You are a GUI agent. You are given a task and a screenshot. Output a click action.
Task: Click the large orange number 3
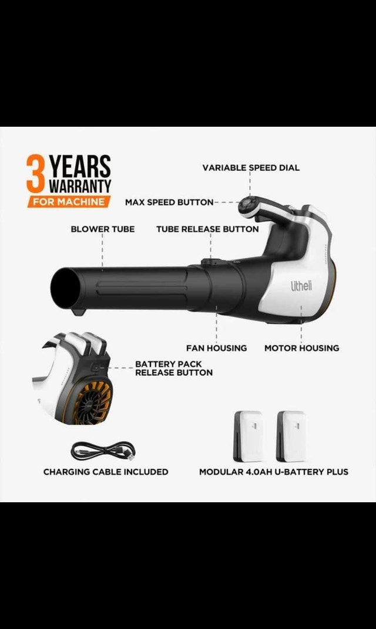coord(35,174)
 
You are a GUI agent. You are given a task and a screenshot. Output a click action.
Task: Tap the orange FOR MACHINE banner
coord(69,201)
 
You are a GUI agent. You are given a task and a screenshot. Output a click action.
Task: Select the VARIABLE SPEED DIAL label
coord(251,168)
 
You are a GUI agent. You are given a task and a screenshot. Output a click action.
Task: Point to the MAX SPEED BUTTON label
coord(169,202)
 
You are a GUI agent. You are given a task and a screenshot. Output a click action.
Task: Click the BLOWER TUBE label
coord(102,229)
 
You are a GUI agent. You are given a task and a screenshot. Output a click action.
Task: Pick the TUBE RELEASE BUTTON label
coord(207,229)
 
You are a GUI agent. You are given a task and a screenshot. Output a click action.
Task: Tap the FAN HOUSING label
coord(217,348)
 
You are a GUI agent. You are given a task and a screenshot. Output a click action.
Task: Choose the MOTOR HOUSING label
coord(302,348)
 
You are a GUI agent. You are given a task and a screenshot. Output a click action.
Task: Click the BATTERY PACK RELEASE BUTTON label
coord(174,368)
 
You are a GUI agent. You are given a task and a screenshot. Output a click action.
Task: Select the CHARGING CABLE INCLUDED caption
coord(106,472)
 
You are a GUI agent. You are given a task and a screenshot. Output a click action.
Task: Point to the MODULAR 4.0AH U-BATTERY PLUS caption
coord(274,472)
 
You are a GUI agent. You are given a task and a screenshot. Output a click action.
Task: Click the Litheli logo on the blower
coord(301,286)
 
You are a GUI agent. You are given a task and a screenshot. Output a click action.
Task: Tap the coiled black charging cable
coord(103,451)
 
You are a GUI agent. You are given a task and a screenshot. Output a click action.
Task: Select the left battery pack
coord(249,436)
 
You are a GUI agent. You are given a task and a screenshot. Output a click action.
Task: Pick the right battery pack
coord(291,436)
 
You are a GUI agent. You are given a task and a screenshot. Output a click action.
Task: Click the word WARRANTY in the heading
coord(80,186)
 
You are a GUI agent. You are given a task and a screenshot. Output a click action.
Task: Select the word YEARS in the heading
coord(80,167)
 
